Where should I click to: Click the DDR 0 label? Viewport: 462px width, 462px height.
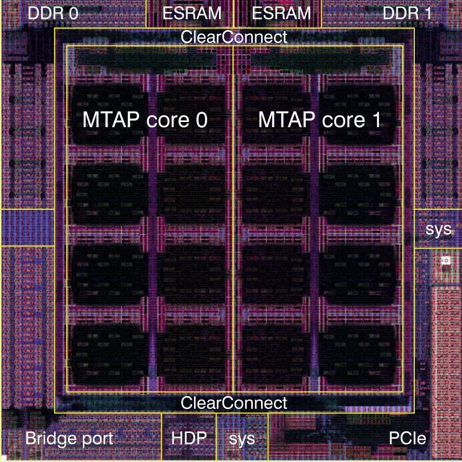tap(53, 13)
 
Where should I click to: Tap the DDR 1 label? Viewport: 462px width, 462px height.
tap(407, 13)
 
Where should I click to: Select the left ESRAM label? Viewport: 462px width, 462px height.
tap(192, 13)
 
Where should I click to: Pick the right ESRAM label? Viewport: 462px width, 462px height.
tap(281, 13)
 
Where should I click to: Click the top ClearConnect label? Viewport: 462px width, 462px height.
tap(234, 37)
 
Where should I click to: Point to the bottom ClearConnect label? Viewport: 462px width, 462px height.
tap(234, 402)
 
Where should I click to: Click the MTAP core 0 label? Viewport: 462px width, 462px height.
tap(145, 120)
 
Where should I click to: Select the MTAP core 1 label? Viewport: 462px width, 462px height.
tap(320, 120)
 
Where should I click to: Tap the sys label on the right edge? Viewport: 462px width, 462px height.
tap(439, 229)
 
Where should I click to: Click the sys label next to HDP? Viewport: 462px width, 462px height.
tap(242, 439)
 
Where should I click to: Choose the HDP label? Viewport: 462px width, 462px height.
tap(189, 439)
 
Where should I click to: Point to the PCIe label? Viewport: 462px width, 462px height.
tap(407, 439)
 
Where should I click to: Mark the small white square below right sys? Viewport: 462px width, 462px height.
tap(445, 260)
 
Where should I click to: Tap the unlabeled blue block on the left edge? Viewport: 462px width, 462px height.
tap(27, 227)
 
